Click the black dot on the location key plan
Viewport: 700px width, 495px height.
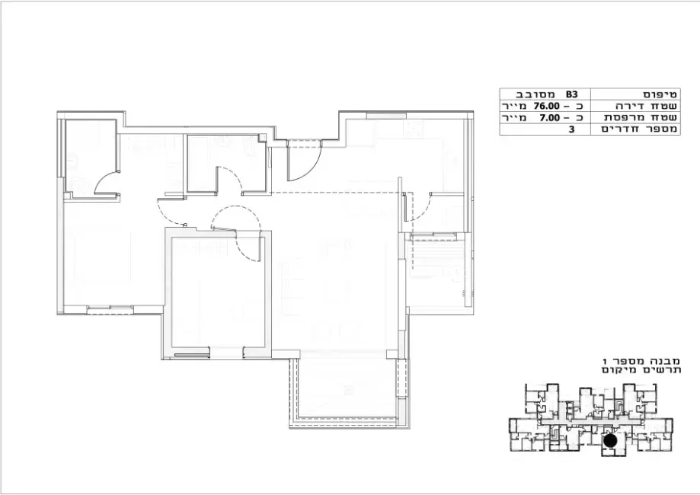point(609,440)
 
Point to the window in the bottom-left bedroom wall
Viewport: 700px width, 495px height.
point(110,309)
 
